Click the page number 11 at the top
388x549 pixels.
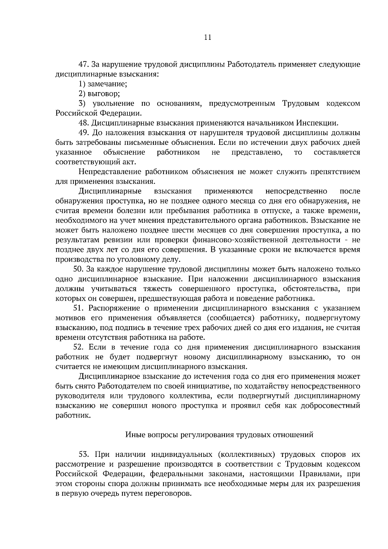208,38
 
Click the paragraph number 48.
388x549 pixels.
84,123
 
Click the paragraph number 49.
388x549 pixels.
84,133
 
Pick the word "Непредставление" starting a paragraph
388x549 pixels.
109,172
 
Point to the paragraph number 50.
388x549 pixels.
79,269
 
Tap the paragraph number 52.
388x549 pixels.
79,347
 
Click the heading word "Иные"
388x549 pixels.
135,435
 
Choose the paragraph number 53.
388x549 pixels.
84,454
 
